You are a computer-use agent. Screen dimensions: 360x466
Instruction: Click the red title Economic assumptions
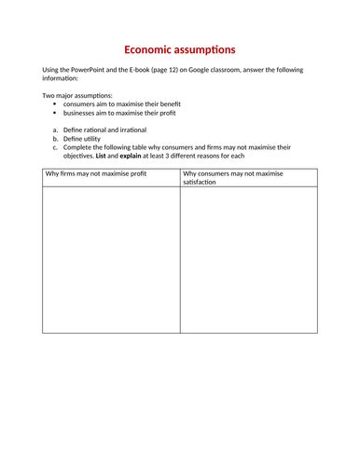(180, 48)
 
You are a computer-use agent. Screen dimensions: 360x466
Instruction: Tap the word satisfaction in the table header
(203, 182)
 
